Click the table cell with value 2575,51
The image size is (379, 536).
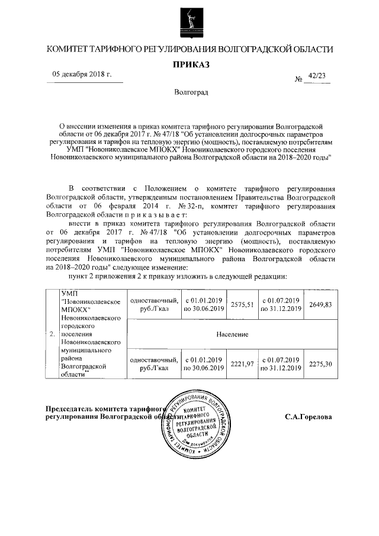pyautogui.click(x=242, y=304)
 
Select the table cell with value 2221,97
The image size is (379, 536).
pyautogui.click(x=242, y=363)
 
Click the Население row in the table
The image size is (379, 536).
pyautogui.click(x=232, y=334)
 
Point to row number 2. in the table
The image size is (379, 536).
pyautogui.click(x=52, y=334)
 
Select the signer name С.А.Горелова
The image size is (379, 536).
pyautogui.click(x=308, y=416)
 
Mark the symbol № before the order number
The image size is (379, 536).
pyautogui.click(x=298, y=79)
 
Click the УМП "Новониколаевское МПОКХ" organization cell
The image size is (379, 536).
pyautogui.click(x=91, y=303)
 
